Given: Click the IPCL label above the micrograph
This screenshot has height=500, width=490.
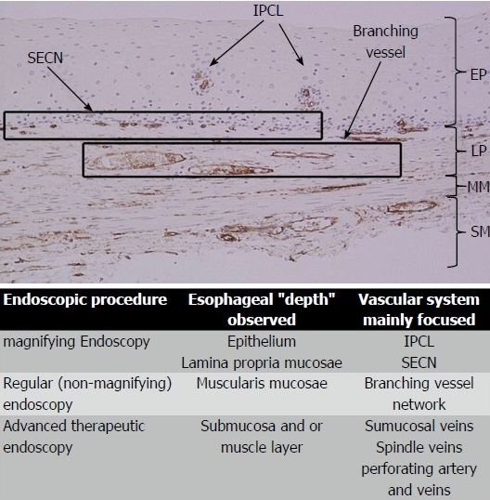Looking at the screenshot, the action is point(268,11).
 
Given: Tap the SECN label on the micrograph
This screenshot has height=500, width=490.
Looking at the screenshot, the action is point(45,58).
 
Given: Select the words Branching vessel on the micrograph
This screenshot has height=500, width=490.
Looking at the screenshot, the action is point(385,42).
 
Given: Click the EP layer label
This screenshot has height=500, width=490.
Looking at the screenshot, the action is point(478,75).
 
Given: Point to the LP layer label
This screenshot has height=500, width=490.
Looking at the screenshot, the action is point(479,151).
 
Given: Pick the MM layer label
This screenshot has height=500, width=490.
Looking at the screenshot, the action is point(478,187).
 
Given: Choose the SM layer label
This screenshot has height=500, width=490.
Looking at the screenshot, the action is point(480,231).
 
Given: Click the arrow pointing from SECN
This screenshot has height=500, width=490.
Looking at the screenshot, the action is point(70,89).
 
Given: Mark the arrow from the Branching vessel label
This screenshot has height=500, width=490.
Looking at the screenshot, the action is point(363,100).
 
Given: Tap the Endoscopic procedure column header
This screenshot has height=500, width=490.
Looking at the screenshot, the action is point(85,300).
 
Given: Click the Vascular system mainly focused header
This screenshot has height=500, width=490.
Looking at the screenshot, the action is point(419,309).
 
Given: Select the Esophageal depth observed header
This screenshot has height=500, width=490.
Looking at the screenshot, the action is point(262,309).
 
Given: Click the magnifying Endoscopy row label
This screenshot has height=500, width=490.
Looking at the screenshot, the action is point(76,342).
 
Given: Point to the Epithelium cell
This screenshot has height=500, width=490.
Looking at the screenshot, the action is point(262,342).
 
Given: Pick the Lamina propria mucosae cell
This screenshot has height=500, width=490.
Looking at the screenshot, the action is point(262,362).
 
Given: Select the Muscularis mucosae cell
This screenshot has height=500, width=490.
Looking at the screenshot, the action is point(262,383).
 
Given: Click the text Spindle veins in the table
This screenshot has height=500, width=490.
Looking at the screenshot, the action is point(419,448).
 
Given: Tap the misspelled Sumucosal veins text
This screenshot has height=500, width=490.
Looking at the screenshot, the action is point(419,426).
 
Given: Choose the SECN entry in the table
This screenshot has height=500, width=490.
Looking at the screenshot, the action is point(419,362).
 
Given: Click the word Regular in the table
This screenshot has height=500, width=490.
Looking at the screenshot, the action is point(28,384).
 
